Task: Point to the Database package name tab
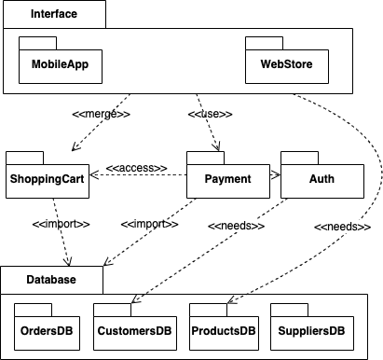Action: pyautogui.click(x=51, y=278)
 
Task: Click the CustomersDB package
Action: pyautogui.click(x=133, y=330)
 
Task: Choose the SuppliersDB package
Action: pyautogui.click(x=310, y=330)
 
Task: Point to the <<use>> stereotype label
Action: pyautogui.click(x=209, y=115)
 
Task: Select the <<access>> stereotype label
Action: pyautogui.click(x=136, y=168)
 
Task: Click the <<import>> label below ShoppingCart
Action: pyautogui.click(x=59, y=225)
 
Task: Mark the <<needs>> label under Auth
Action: pyautogui.click(x=236, y=225)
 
